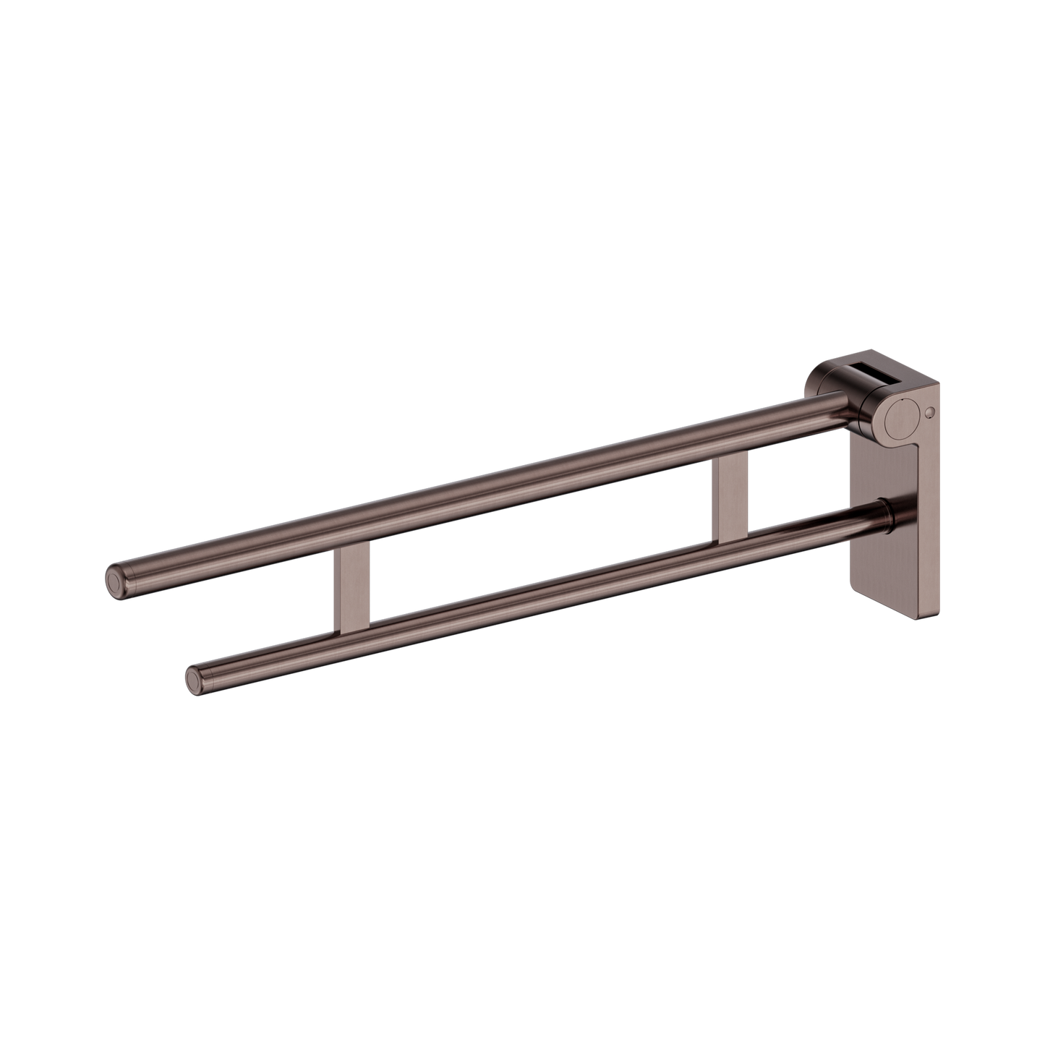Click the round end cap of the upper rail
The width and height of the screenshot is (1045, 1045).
click(114, 579)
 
